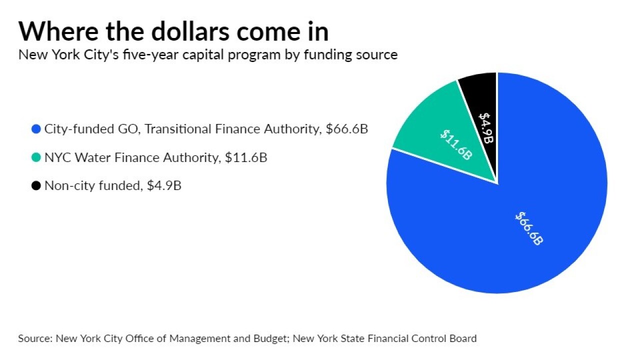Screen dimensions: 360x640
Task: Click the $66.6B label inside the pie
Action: coord(529,228)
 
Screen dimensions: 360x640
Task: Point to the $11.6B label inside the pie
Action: coord(455,145)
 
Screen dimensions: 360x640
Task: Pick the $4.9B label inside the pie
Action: coord(486,127)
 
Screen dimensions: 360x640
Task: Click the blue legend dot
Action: coord(35,129)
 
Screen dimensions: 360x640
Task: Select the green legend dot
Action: coord(35,158)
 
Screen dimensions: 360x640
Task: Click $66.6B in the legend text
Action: coord(346,129)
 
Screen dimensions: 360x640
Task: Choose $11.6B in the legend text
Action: coord(245,157)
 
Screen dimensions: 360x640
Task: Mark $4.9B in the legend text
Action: coord(164,186)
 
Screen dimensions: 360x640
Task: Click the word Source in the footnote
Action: coord(34,338)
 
